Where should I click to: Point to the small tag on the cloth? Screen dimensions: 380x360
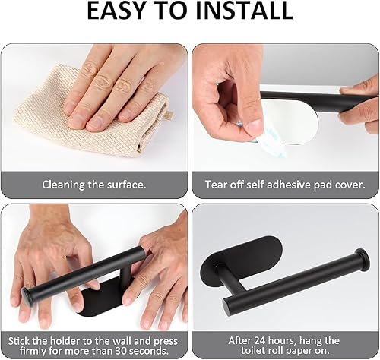click(170, 115)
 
